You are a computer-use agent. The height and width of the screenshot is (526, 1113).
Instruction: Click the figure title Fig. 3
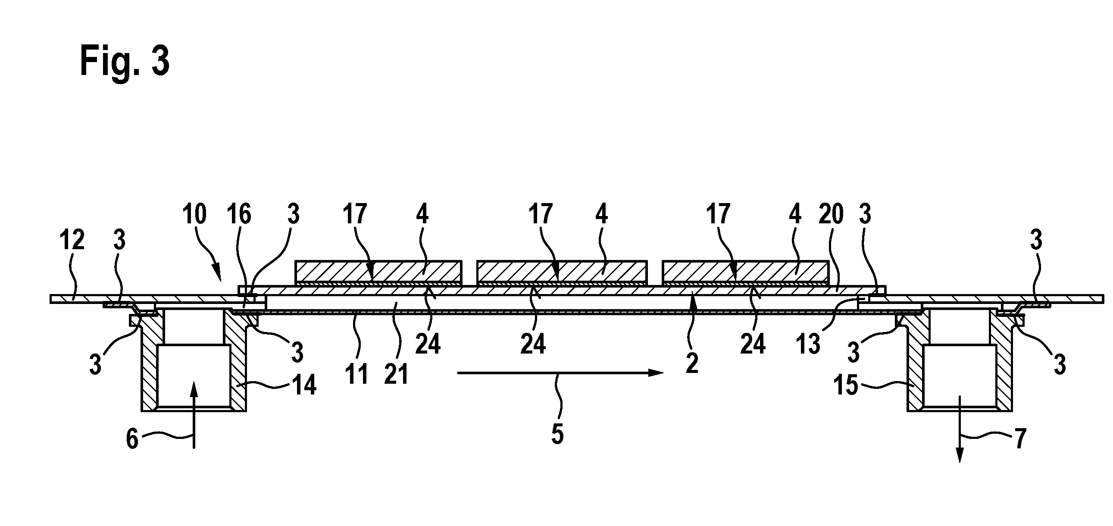pos(125,62)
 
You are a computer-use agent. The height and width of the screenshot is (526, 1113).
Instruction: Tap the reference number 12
pos(72,240)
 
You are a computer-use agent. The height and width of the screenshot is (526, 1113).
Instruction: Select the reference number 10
pos(194,214)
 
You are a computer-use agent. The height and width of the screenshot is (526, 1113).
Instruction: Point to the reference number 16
pos(239,214)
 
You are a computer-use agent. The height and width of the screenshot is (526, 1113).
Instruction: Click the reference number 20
pos(831,214)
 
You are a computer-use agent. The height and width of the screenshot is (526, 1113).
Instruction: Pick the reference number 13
pos(808,344)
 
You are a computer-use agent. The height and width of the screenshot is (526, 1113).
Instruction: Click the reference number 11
pos(356,374)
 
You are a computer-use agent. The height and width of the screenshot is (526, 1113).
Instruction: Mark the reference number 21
pos(396,374)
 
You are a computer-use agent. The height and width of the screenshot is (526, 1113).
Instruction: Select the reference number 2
pos(692,363)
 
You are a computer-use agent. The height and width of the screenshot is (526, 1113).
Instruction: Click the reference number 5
pos(557,434)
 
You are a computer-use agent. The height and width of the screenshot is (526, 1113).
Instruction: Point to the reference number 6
pos(132,440)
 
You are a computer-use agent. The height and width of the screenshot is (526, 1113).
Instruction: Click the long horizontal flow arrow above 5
pos(560,373)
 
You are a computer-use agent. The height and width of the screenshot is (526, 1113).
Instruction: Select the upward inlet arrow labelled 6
pos(194,415)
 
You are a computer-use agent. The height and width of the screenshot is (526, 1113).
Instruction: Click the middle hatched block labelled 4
pos(561,271)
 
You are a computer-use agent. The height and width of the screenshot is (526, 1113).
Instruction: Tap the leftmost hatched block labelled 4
pos(378,271)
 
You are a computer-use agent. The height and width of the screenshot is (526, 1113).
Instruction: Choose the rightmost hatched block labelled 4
pos(745,271)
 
